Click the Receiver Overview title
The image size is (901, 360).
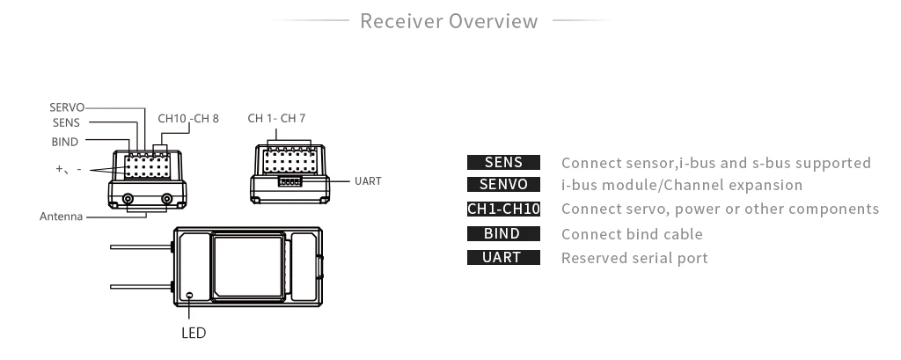(449, 21)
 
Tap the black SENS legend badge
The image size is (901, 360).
(503, 163)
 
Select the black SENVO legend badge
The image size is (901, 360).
(503, 186)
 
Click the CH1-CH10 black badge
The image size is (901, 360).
(503, 209)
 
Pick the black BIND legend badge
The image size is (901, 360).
(503, 234)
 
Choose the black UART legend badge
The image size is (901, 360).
(503, 258)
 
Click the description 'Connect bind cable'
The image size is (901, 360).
(632, 234)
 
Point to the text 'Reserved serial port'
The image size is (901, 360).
(634, 258)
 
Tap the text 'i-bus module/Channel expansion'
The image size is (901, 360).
(682, 186)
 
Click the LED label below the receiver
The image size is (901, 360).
(194, 334)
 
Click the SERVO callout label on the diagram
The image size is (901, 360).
(67, 107)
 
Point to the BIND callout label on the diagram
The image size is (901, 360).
(64, 142)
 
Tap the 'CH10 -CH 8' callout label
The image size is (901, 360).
(188, 118)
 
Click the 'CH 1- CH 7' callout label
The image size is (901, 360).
(276, 118)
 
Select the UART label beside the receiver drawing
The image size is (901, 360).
(368, 180)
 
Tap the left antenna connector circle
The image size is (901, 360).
(128, 200)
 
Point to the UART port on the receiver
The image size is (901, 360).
(289, 181)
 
